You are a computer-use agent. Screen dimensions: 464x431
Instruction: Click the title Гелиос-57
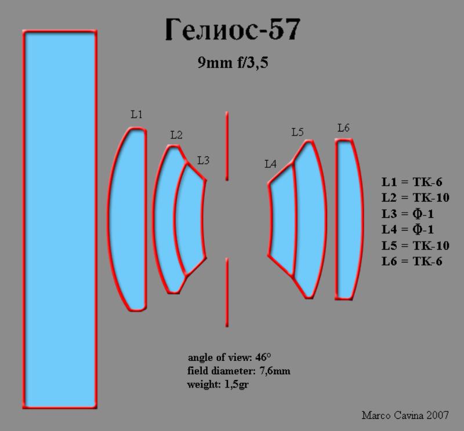[x=233, y=29]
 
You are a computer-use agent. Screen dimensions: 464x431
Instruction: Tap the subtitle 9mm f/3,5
[x=233, y=63]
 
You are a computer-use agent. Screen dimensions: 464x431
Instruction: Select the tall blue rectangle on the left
[x=60, y=220]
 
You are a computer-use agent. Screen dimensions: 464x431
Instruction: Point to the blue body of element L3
[x=191, y=219]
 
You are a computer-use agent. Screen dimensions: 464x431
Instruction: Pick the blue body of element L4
[x=282, y=220]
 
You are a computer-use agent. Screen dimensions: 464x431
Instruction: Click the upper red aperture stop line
[x=227, y=146]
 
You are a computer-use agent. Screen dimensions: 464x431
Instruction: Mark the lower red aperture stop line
[x=227, y=293]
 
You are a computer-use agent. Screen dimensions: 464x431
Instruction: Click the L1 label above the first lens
[x=136, y=114]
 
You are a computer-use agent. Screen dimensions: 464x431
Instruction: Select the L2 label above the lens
[x=176, y=135]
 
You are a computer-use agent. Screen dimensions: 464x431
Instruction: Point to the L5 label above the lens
[x=298, y=132]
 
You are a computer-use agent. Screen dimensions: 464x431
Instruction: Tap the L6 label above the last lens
[x=343, y=127]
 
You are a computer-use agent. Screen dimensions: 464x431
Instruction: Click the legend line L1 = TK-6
[x=412, y=182]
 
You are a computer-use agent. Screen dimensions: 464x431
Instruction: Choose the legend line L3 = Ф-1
[x=408, y=213]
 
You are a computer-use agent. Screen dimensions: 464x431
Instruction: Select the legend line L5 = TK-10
[x=415, y=246]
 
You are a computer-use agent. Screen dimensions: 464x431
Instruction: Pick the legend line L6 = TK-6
[x=412, y=261]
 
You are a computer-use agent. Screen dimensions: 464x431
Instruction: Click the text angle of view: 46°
[x=229, y=357]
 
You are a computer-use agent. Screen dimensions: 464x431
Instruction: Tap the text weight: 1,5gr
[x=218, y=384]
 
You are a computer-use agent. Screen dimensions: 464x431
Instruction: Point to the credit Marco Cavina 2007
[x=405, y=415]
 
